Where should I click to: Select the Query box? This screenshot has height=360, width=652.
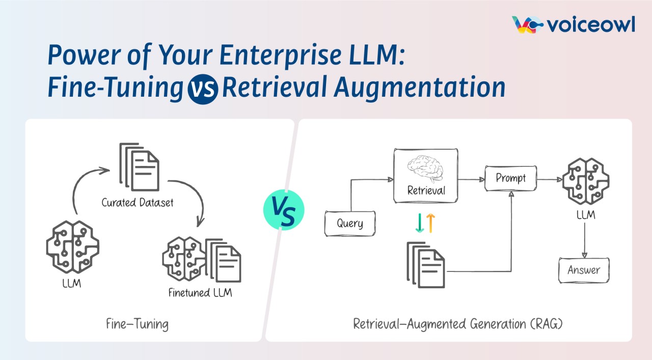pos(350,224)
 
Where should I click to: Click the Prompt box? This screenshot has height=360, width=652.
pos(510,179)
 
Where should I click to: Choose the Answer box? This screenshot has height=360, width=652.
pos(584,270)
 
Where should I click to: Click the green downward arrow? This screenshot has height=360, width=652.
pos(420,223)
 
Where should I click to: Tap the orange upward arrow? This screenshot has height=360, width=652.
pos(430,223)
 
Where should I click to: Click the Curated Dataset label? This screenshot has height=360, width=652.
pos(138,203)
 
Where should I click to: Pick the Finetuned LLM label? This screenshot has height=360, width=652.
pos(201,293)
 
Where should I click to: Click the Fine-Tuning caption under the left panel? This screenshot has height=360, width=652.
pos(137,324)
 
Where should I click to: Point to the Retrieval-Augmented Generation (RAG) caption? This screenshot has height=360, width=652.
pos(458,324)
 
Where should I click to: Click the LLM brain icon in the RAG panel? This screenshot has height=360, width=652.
pos(585,182)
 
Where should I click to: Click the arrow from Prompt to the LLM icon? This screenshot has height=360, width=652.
pos(549,179)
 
